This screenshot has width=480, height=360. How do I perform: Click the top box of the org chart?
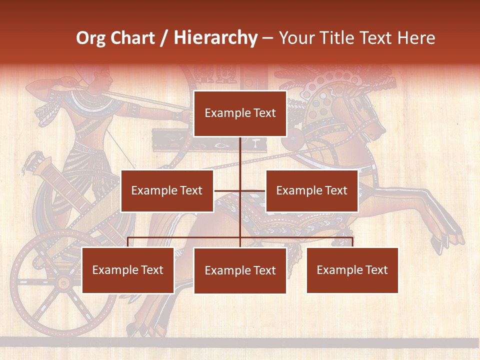tap(240, 113)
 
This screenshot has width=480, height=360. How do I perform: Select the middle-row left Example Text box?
tap(167, 190)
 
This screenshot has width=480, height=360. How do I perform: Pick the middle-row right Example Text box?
tap(311, 190)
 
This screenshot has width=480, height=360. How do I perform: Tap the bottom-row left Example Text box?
tap(128, 270)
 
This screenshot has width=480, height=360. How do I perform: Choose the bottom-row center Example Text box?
tap(240, 270)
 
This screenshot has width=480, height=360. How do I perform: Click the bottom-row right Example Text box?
tap(352, 270)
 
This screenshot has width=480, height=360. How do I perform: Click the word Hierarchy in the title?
tap(215, 37)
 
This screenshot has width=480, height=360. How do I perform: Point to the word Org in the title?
tap(90, 37)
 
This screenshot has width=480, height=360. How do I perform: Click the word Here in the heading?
tap(415, 37)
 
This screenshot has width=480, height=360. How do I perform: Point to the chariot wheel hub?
tap(63, 283)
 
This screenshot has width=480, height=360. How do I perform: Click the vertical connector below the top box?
tap(240, 155)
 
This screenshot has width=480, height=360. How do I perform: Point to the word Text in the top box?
tap(263, 113)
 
